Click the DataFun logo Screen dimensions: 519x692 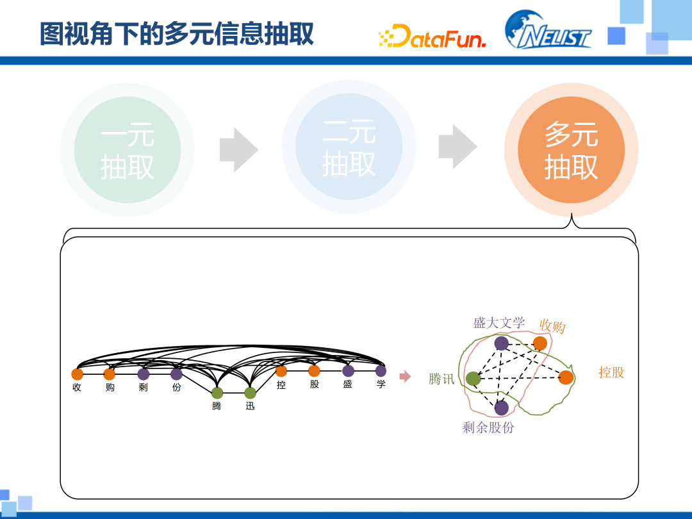pos(432,36)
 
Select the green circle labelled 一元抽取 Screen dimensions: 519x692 pos(127,150)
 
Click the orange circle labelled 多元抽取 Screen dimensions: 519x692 pos(571,150)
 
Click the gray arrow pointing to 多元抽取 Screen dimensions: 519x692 pos(457,147)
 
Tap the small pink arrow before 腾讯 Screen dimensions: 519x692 pos(404,377)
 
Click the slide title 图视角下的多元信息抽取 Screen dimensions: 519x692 pos(177,33)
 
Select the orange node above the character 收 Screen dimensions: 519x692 pos(77,374)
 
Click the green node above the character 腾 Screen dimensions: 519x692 pos(217,393)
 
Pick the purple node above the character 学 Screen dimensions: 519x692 pos(381,371)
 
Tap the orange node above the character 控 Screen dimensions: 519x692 pos(281,371)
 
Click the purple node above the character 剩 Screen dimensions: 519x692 pos(144,374)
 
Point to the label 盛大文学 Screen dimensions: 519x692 pos(498,323)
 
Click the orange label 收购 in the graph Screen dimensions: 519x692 pos(552,326)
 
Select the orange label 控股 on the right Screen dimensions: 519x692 pos(611,372)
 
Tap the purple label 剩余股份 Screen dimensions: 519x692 pos(488,427)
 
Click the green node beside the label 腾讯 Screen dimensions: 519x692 pos(474,379)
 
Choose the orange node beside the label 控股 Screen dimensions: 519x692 pos(566,377)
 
